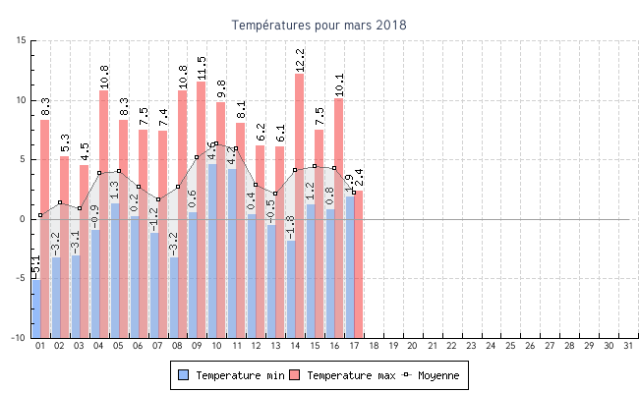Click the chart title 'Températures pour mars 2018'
(x=319, y=25)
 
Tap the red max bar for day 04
(x=103, y=157)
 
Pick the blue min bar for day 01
(x=35, y=308)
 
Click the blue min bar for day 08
(x=173, y=297)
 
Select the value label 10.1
(x=339, y=84)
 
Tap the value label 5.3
(x=64, y=143)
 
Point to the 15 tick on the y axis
(x=21, y=40)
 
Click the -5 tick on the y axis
(x=21, y=278)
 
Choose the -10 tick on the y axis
(x=19, y=338)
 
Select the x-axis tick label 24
(x=492, y=346)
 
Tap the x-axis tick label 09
(x=197, y=346)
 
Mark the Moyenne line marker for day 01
(x=40, y=215)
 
